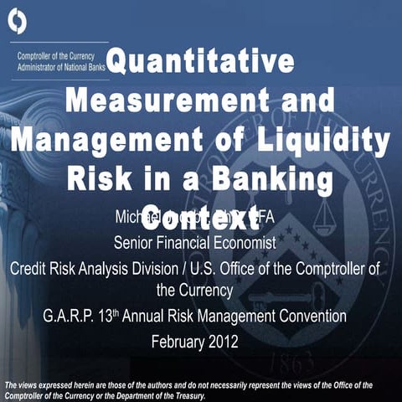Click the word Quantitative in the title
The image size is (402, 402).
pos(201,62)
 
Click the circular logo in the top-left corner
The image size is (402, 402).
pos(18,22)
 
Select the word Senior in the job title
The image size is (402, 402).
pos(136,244)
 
